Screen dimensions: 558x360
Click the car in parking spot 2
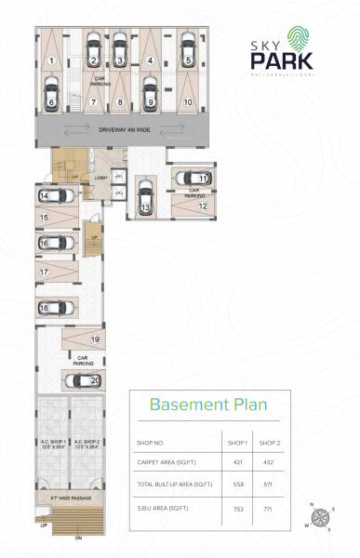[94, 51]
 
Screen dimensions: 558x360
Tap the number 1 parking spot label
[52, 60]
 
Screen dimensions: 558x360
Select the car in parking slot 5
[188, 51]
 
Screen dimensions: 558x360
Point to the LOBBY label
[100, 176]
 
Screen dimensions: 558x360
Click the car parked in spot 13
[145, 198]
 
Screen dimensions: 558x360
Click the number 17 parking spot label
[44, 272]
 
